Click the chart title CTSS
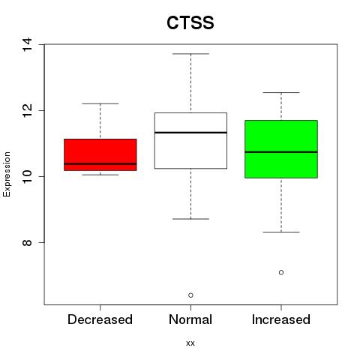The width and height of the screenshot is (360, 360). [190, 22]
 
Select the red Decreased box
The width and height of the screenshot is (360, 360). [100, 154]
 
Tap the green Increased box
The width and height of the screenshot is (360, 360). [281, 149]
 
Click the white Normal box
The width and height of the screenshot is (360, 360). [190, 141]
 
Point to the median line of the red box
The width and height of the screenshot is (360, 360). [100, 163]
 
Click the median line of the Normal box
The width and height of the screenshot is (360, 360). [190, 132]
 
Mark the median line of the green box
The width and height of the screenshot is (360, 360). [281, 151]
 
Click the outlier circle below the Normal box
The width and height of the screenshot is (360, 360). [190, 295]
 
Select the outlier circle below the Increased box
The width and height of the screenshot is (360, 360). [281, 272]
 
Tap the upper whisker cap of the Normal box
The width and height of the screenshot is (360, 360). [190, 54]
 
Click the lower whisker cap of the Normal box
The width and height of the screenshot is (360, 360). [190, 219]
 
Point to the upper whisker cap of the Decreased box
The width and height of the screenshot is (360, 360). [100, 103]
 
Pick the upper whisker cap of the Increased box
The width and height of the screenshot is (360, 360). [281, 92]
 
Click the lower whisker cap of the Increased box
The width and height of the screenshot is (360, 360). [281, 232]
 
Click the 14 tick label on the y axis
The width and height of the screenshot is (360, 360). [27, 44]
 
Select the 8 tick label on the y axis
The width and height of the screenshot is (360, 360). [27, 242]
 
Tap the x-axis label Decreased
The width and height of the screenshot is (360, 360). [100, 319]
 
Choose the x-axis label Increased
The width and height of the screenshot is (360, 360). [281, 319]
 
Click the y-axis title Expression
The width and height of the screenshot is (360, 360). [7, 174]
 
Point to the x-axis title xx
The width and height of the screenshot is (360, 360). [190, 343]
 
